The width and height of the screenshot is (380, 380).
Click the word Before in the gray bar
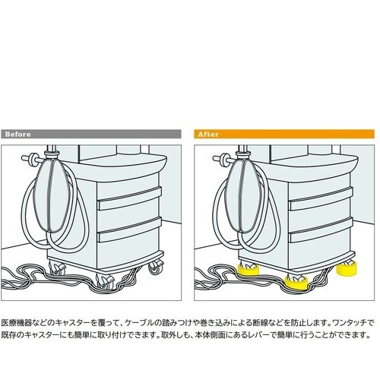coord(17,134)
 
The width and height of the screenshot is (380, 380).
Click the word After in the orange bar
coord(208,134)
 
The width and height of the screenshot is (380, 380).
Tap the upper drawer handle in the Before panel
coord(129,198)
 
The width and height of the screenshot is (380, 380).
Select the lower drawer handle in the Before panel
coord(129,230)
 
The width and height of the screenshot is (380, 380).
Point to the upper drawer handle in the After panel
coord(321,198)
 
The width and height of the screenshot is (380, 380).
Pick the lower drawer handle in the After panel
coord(321,230)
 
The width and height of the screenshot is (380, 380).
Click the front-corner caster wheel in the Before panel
coord(105,280)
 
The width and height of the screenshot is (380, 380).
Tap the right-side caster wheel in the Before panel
coord(155,268)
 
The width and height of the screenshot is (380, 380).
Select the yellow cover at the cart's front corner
coord(296,282)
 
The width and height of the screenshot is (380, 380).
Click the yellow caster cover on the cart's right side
coord(347,268)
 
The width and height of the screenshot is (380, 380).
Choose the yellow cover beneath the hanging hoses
coord(248,269)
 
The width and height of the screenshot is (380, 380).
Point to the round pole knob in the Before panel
coord(33,159)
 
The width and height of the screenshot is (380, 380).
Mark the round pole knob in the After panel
coord(224,159)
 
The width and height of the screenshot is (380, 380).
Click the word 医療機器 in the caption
coord(17,323)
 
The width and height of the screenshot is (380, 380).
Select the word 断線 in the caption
coord(261,323)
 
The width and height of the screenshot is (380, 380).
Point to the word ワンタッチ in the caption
coord(349,323)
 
